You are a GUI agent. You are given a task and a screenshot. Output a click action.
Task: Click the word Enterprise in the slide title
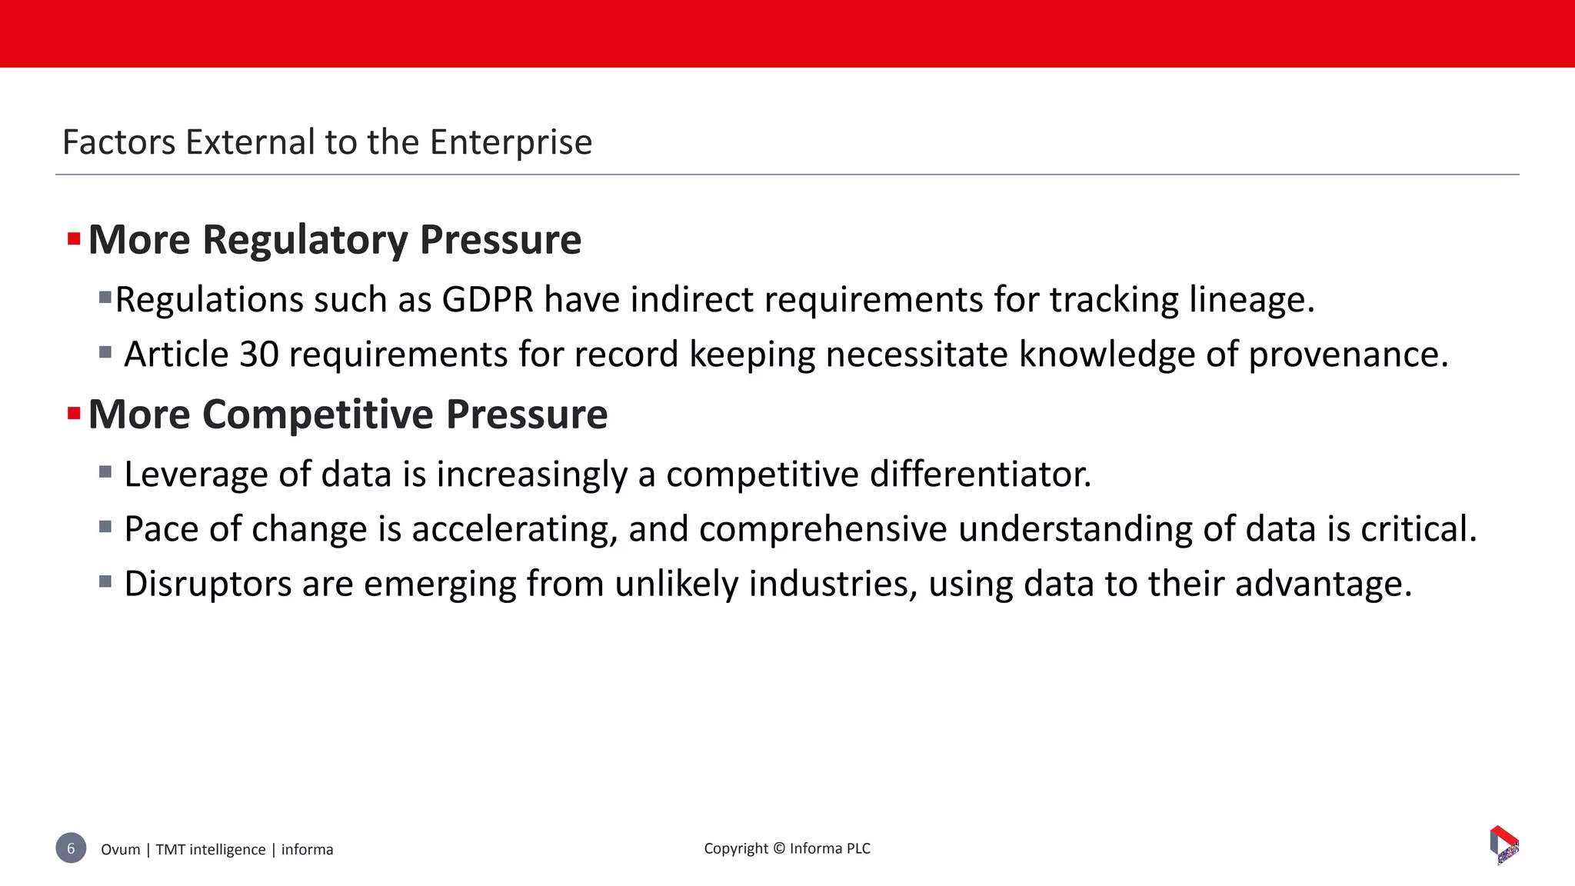click(x=511, y=142)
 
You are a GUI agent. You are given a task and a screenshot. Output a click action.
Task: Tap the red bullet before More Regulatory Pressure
click(x=74, y=239)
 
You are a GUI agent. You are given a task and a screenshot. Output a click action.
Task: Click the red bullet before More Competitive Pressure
click(x=74, y=415)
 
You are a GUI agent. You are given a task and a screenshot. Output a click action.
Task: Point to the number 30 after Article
click(x=259, y=355)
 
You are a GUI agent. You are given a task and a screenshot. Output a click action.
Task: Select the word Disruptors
click(x=208, y=584)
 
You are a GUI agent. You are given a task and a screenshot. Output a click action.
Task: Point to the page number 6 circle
click(x=71, y=848)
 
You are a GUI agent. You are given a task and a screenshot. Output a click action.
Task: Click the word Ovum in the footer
click(x=121, y=849)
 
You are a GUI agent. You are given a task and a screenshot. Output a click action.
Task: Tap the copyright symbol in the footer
click(x=779, y=848)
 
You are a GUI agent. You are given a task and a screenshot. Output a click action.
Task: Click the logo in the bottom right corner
click(x=1504, y=844)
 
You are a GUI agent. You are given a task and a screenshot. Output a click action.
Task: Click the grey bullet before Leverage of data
click(x=105, y=471)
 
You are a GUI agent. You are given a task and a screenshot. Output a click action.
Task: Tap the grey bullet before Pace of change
click(x=105, y=527)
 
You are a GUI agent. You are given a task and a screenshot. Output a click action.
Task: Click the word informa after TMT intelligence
click(x=307, y=849)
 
